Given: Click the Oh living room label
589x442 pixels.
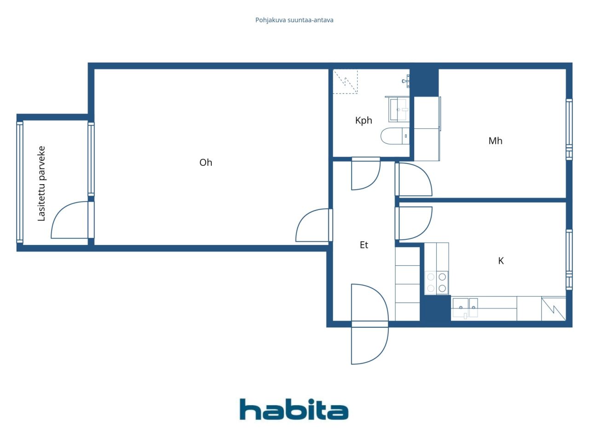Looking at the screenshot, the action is point(206,163).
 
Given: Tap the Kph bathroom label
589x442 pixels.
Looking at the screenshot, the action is point(364,121).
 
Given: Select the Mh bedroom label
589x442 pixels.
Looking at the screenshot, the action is point(495,141).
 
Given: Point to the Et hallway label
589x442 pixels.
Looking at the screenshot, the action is point(364,245).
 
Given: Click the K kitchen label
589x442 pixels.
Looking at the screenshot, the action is point(501,261).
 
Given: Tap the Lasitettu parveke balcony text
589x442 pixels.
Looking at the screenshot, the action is point(41,184).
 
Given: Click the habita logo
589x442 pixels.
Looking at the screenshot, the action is point(294,409).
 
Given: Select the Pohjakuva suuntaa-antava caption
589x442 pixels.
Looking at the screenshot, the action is point(294,20).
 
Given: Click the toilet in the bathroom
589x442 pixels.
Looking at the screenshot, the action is point(395,136).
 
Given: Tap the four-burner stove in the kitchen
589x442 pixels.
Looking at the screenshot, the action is point(437,283).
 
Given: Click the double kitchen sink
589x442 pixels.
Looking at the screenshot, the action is point(465,308).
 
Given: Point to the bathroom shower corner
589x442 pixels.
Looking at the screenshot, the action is point(346,81).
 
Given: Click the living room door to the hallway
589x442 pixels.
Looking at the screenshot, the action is point(314,225).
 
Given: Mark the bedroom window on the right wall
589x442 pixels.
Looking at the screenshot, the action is point(569,130).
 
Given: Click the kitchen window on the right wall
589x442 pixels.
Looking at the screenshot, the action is point(569,260).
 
